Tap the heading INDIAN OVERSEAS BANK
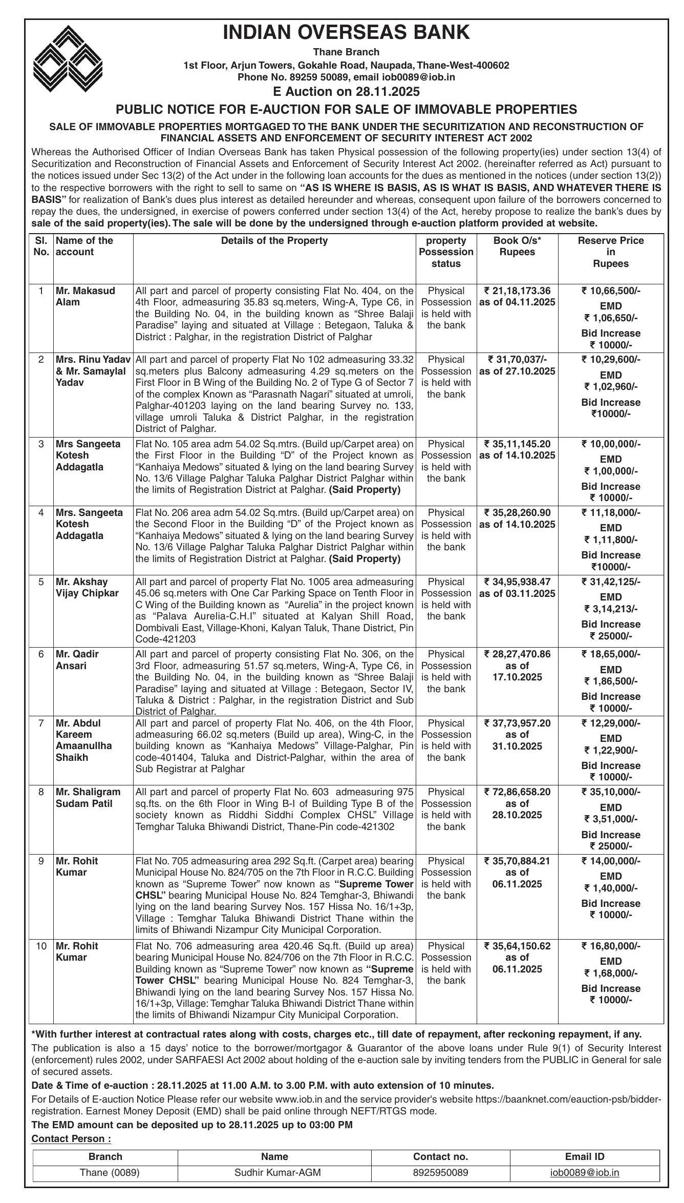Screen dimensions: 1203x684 (346, 32)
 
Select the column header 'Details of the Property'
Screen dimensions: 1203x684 (274, 240)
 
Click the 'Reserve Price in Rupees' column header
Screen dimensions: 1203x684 (610, 252)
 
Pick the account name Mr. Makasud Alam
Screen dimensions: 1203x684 (85, 296)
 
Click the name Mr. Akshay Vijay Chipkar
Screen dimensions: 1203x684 (87, 587)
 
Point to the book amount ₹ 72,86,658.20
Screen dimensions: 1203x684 (517, 792)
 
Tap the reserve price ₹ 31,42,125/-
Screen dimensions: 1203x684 (610, 582)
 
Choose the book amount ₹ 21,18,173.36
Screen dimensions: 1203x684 (517, 291)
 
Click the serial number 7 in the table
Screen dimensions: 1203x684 (41, 723)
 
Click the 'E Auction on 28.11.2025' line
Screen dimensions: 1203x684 (346, 92)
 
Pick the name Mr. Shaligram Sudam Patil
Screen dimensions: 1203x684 (88, 797)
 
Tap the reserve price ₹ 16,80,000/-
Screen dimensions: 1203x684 (610, 946)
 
